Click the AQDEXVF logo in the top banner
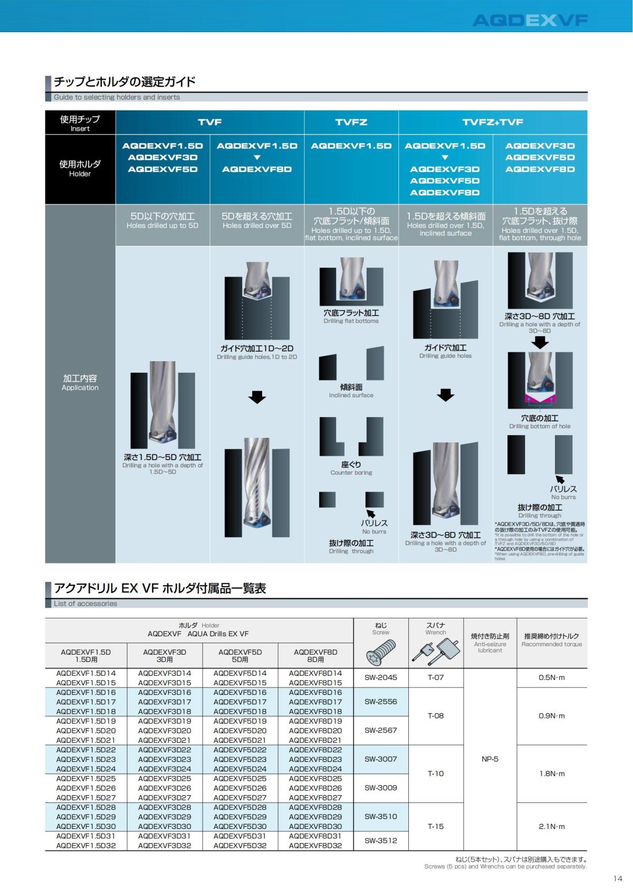point(530,20)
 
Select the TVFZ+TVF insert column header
point(493,122)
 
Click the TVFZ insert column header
point(351,122)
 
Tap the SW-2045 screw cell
point(380,677)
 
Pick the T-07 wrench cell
point(436,677)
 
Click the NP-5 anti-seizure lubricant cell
point(490,759)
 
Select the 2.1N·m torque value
point(551,826)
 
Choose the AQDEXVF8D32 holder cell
point(315,845)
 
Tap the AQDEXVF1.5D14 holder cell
point(85,673)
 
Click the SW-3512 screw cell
point(380,841)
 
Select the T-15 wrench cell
point(436,826)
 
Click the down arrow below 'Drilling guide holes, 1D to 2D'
point(257,397)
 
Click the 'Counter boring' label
point(351,473)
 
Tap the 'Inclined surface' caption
point(351,395)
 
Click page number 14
point(618,879)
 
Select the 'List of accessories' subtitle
point(85,603)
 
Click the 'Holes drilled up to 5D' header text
point(162,226)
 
